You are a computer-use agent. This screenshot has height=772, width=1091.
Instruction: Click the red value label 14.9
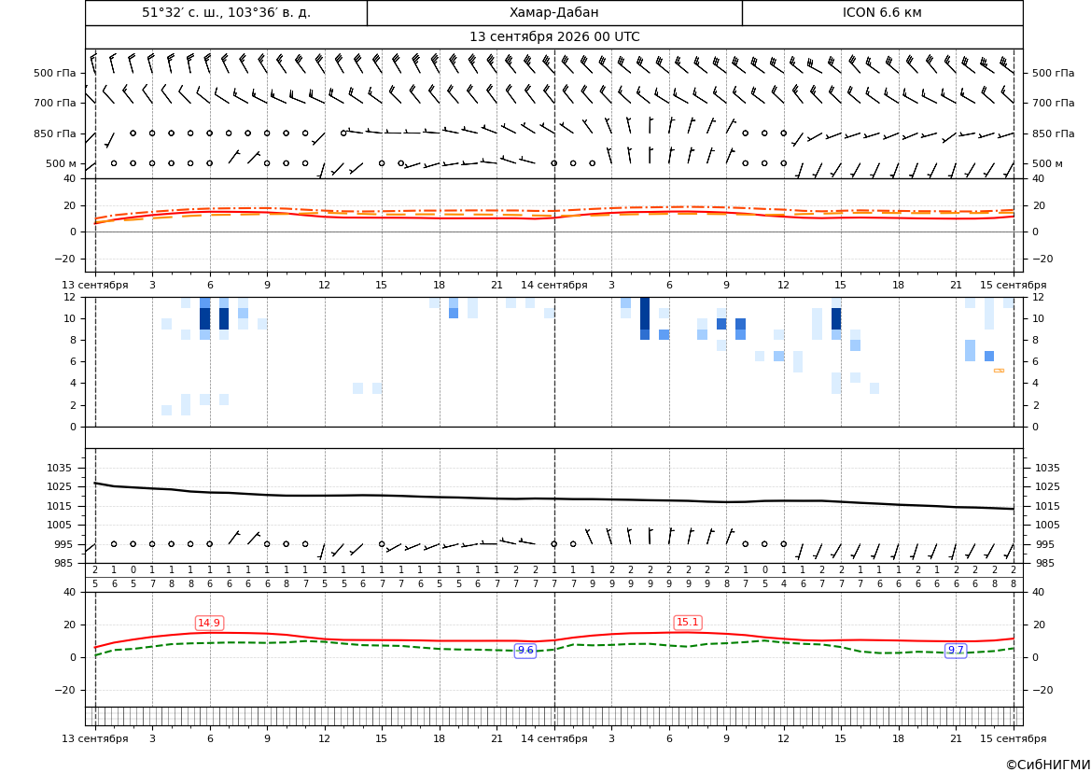coord(209,623)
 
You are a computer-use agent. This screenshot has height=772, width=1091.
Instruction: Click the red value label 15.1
coord(688,623)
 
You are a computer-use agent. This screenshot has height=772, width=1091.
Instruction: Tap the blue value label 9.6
coord(525,650)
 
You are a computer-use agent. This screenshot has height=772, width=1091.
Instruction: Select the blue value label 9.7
coord(956,650)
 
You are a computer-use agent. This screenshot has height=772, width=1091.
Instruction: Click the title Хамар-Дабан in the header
coord(553,12)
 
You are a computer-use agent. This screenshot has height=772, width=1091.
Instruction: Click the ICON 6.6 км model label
coord(882,12)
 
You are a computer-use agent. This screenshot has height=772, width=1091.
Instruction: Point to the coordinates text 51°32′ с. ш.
coord(188,12)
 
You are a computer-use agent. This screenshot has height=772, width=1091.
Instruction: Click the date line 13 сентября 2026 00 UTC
coord(554,37)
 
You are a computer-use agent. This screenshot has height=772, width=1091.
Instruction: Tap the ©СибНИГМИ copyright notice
coord(1048,765)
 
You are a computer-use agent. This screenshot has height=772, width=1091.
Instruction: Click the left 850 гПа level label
coord(55,133)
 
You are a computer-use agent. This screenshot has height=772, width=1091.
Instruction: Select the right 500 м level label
coord(1047,163)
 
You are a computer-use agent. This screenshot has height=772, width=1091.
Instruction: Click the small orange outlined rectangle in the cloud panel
coord(1000,371)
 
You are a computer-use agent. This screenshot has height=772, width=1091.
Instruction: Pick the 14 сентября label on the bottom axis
coord(553,738)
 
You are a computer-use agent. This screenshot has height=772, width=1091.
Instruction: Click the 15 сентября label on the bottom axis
coord(1014,738)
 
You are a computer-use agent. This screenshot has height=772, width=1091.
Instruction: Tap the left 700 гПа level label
coord(55,103)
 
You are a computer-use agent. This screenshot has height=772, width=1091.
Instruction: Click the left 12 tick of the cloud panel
coord(70,297)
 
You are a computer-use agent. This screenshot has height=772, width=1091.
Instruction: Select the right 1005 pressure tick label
coord(1048,525)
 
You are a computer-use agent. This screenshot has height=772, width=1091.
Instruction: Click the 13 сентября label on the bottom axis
coord(94,738)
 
